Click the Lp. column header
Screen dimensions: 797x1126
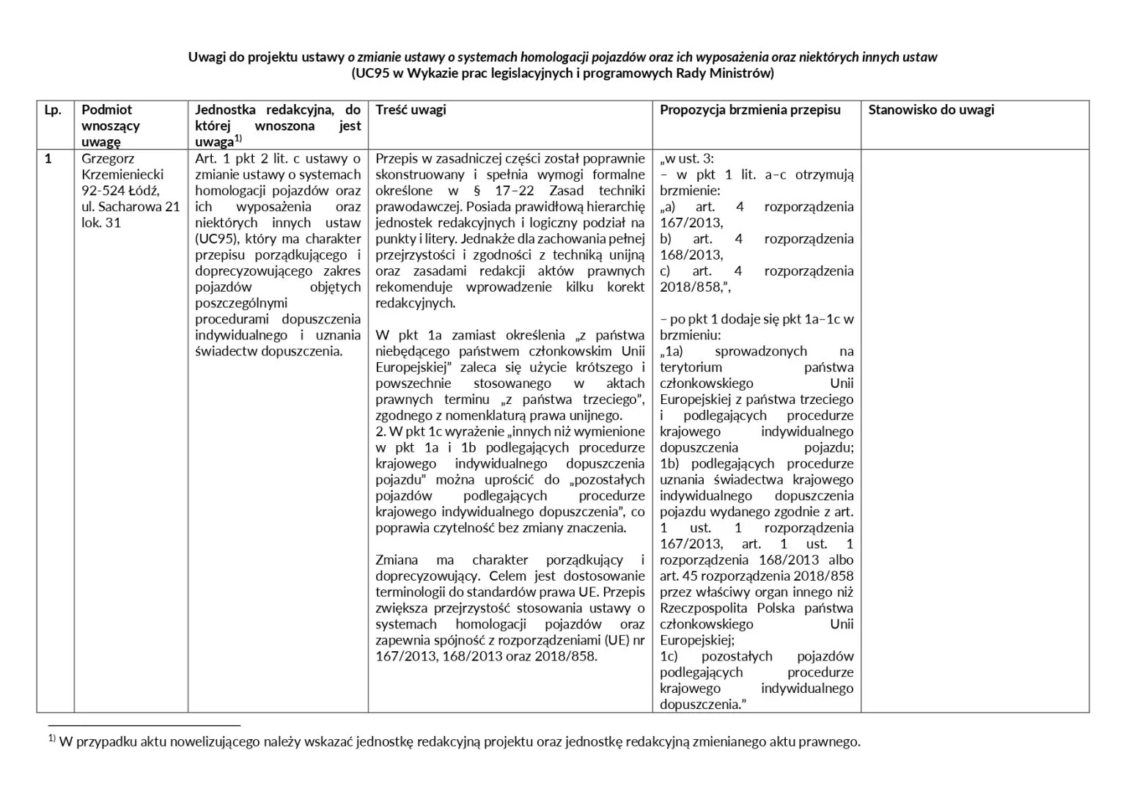[x=52, y=110]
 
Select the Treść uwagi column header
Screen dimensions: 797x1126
[x=411, y=110]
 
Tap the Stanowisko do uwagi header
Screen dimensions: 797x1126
[x=931, y=110]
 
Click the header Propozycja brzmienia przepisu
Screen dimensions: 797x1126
[x=750, y=110]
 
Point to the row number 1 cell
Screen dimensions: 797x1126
[x=48, y=158]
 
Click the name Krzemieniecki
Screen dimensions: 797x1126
[x=122, y=175]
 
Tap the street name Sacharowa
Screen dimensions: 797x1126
[x=130, y=207]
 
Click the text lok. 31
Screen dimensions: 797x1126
[x=101, y=223]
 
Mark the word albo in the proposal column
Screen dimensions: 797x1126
[x=841, y=559]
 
